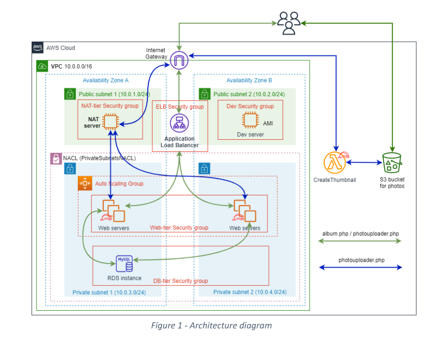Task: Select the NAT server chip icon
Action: pos(110,122)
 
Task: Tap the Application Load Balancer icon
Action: pos(179,123)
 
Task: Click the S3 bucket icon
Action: pos(392,163)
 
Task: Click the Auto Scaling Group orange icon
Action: pos(85,183)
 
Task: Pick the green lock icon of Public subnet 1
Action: pos(70,94)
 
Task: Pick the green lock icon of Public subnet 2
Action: pos(205,94)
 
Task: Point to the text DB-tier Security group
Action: pos(180,281)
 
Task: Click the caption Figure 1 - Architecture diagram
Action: pos(211,326)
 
